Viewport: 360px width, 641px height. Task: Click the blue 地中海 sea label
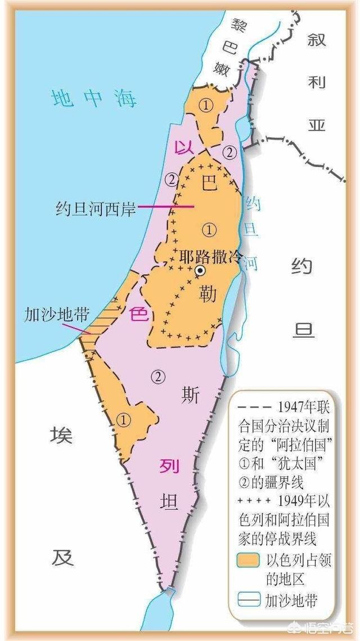(93, 98)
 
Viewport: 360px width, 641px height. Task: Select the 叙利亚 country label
(316, 82)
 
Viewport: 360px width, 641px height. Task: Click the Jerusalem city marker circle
(199, 271)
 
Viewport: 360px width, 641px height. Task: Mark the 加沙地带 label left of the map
(48, 314)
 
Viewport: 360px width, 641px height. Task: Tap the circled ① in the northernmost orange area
(208, 106)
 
